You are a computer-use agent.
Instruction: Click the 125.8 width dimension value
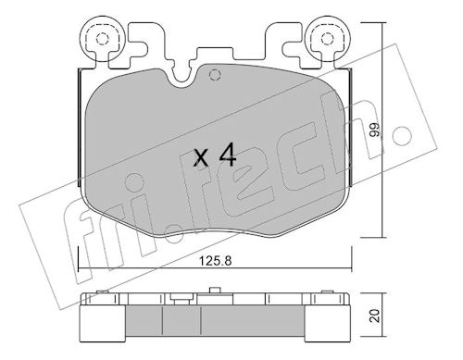coord(215,261)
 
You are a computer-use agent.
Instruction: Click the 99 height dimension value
coord(375,130)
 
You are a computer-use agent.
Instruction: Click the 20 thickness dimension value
coord(375,316)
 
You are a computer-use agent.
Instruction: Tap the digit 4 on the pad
coord(228,155)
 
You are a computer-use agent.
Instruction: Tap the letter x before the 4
coord(201,158)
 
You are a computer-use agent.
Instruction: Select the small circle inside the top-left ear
coord(103,39)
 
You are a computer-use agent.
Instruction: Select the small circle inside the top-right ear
coord(328,39)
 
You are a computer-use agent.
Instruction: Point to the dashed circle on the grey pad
coord(215,75)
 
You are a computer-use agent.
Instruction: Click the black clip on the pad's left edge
coord(79,128)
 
